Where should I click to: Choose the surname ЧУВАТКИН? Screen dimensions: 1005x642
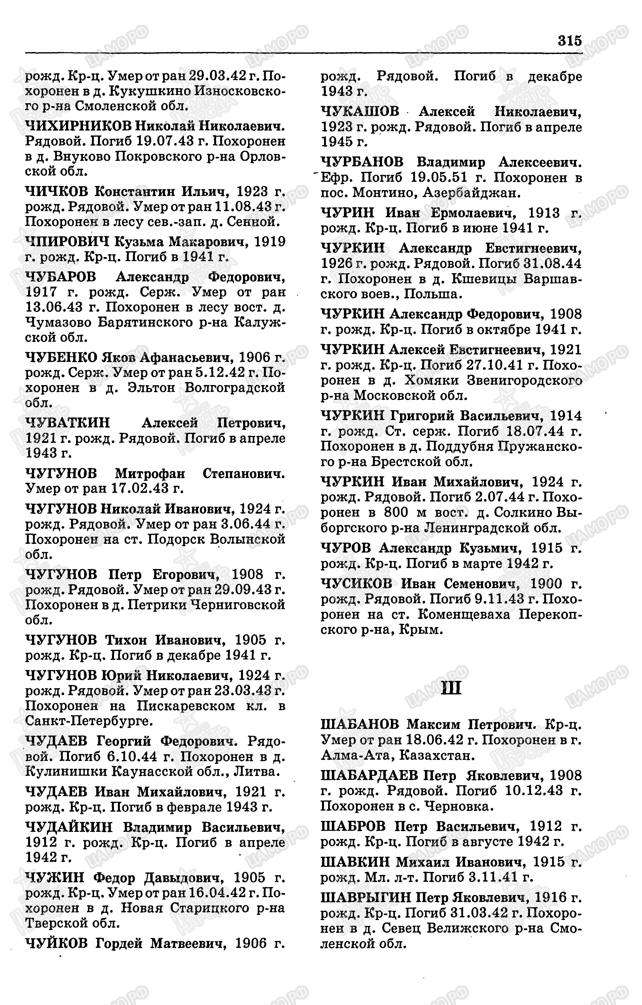click(68, 423)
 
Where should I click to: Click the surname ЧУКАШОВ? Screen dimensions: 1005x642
click(360, 112)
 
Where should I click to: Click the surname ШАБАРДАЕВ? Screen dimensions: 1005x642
click(369, 775)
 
